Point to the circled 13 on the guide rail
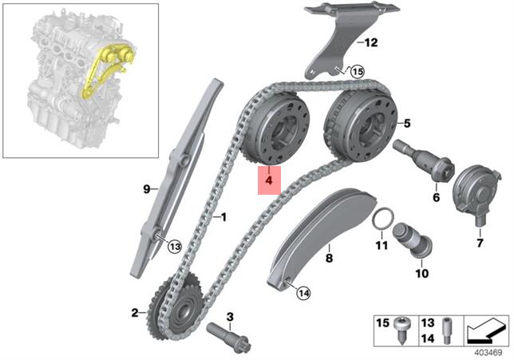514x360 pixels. pyautogui.click(x=174, y=244)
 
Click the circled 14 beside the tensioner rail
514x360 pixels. pyautogui.click(x=302, y=293)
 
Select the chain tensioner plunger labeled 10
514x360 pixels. pyautogui.click(x=413, y=239)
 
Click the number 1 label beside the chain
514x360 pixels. pyautogui.click(x=224, y=216)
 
